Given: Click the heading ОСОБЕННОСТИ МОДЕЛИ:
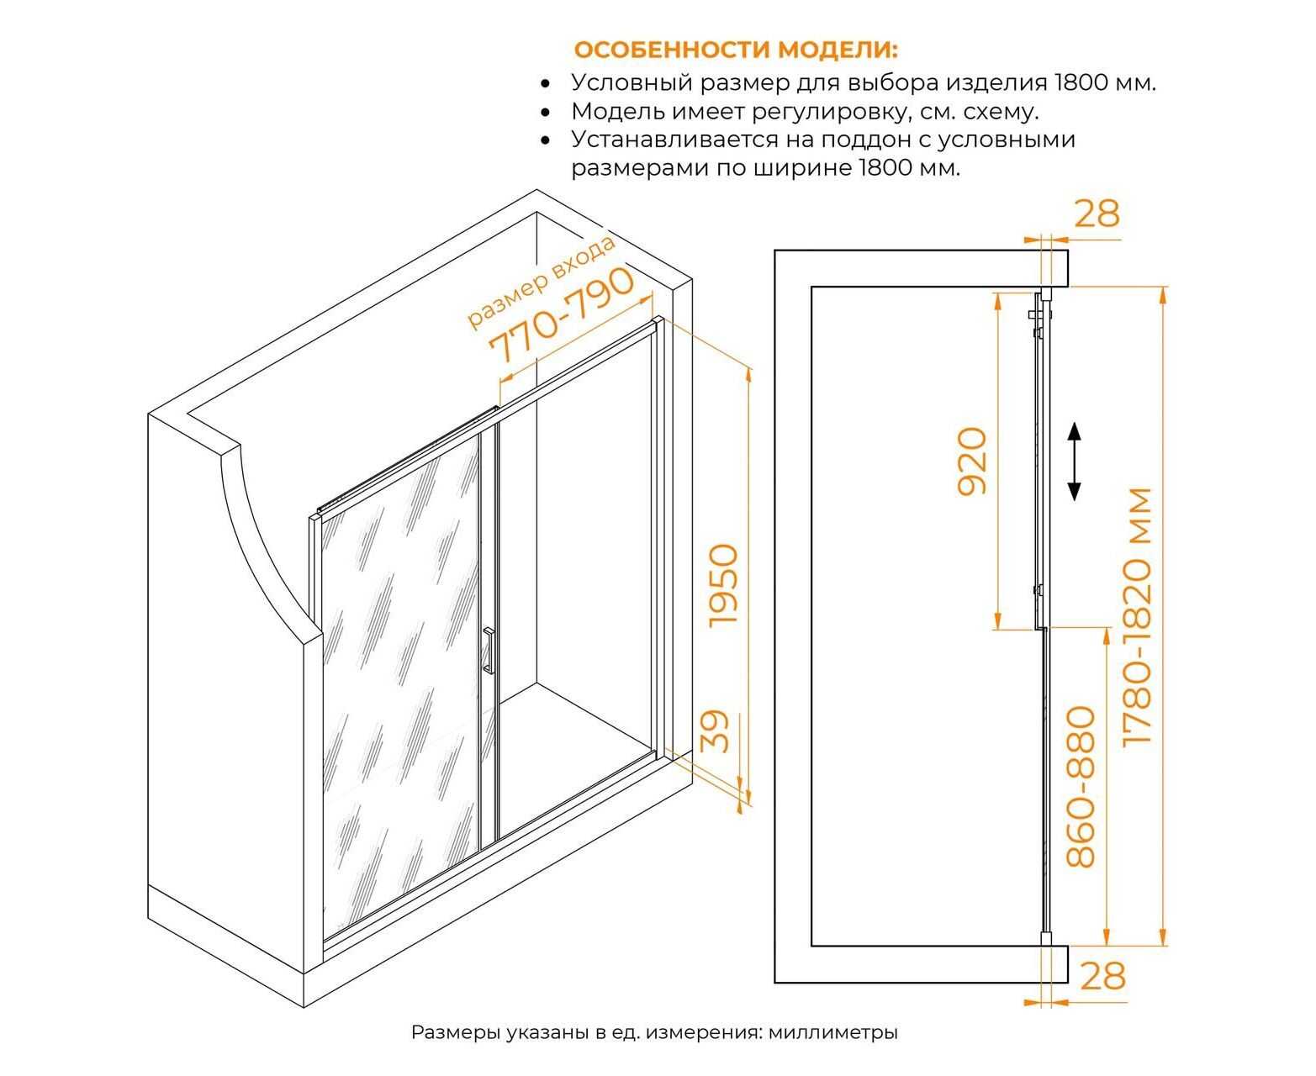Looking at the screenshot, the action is pyautogui.click(x=736, y=50).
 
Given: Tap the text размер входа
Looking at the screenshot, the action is pyautogui.click(x=541, y=282).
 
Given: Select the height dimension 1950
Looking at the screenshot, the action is pyautogui.click(x=723, y=584).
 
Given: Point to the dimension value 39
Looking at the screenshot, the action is pyautogui.click(x=715, y=731).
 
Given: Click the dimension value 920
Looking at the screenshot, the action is pyautogui.click(x=972, y=461).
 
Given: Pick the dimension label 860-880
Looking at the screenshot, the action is pyautogui.click(x=1081, y=787).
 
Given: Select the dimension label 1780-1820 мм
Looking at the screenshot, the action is pyautogui.click(x=1136, y=615).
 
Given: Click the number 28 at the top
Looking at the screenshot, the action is pyautogui.click(x=1097, y=214).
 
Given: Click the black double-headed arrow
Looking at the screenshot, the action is pyautogui.click(x=1074, y=462).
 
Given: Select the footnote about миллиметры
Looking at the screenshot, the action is pyautogui.click(x=654, y=1032).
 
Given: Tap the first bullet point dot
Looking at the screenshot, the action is pyautogui.click(x=546, y=83).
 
